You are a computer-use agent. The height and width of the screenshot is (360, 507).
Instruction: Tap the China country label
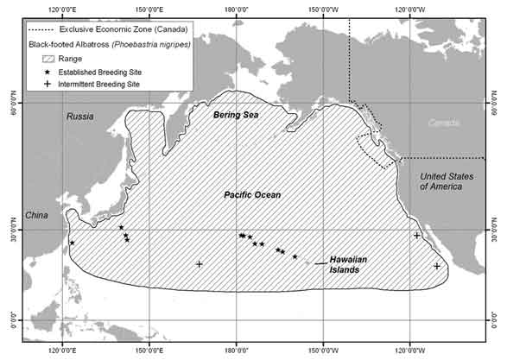35,215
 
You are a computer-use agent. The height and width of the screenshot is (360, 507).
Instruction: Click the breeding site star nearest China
72,243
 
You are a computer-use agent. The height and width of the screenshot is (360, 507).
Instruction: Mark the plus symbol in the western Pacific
200,264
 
